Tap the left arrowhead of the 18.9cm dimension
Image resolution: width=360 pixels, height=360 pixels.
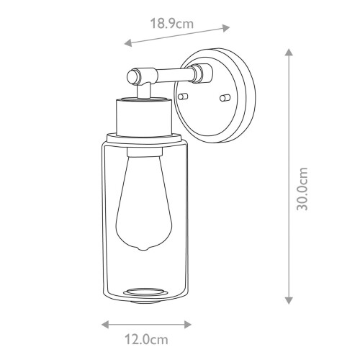(127, 44)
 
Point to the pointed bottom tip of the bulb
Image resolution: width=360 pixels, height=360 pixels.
(144, 248)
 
